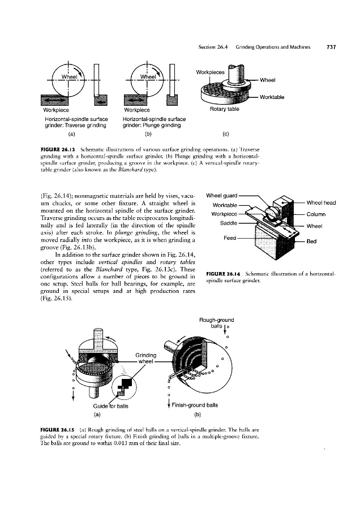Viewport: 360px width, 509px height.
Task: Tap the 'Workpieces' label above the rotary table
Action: click(x=210, y=72)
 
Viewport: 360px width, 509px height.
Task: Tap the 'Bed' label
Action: click(x=312, y=240)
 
